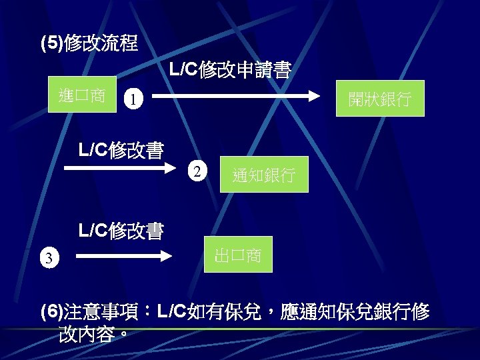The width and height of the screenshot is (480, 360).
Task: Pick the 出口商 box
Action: point(238,255)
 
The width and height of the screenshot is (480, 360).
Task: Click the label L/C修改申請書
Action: point(230,70)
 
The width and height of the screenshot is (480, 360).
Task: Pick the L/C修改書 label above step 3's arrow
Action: point(121,231)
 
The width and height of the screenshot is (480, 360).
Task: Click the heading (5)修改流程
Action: point(89,45)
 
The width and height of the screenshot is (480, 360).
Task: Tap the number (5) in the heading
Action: point(51,45)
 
